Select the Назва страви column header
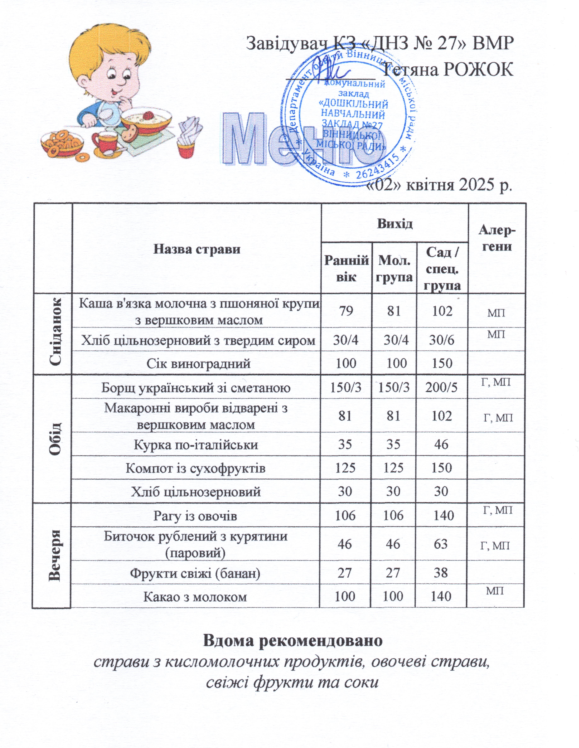pos(197,249)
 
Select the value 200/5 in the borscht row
pos(441,387)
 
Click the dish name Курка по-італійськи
pos(196,445)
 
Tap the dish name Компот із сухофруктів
pos(195,468)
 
